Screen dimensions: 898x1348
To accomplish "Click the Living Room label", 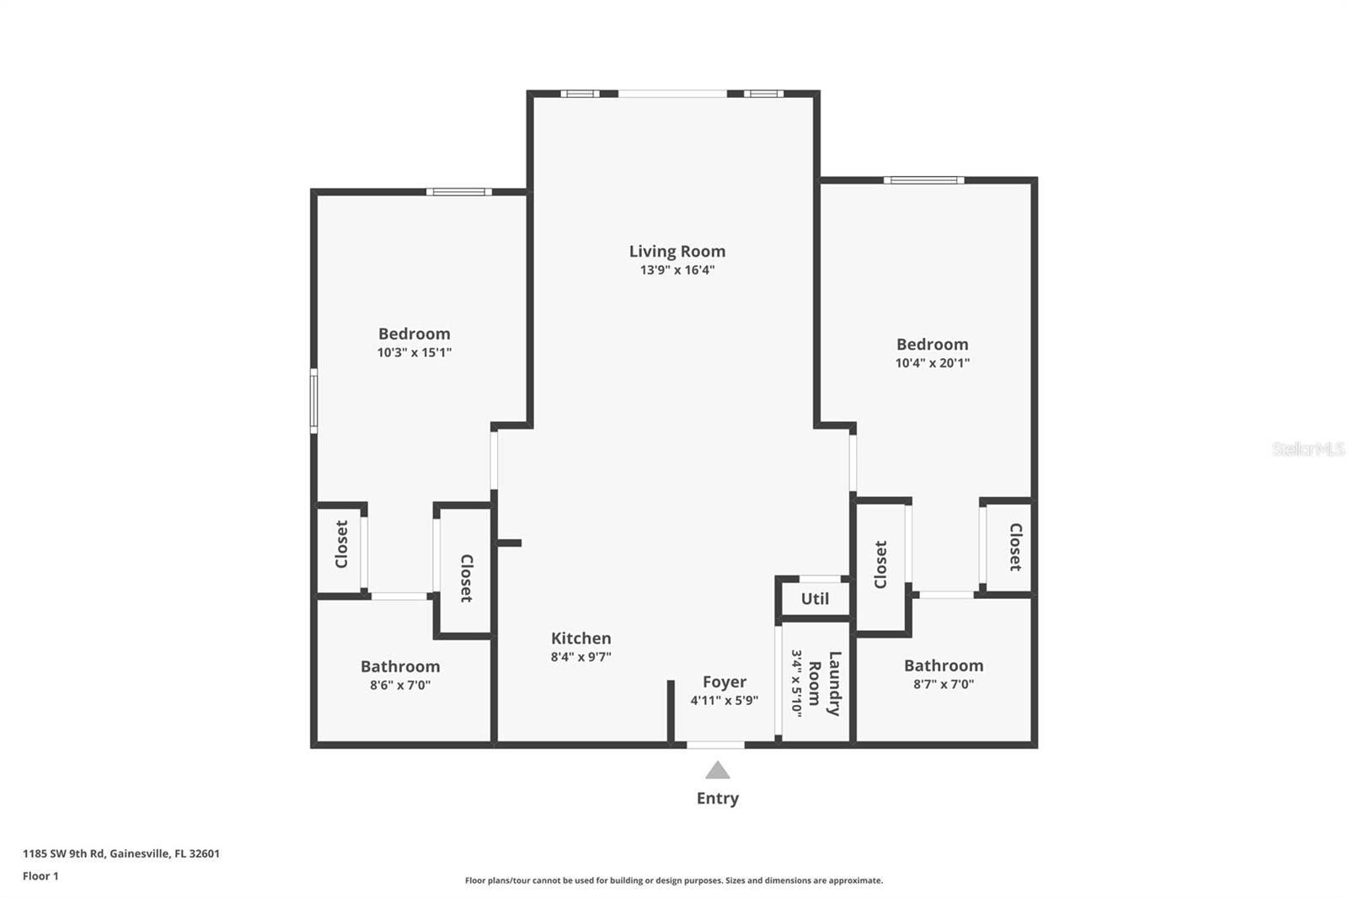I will (x=677, y=251).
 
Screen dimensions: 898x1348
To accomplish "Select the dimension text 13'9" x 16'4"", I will (x=677, y=270).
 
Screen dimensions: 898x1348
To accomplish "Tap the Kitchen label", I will (x=580, y=639).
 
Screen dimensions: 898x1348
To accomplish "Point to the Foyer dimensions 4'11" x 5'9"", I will (x=724, y=700).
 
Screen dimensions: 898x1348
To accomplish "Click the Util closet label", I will (x=815, y=599).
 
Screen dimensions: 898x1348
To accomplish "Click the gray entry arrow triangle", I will (x=717, y=770).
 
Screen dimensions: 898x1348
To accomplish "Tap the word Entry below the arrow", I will (x=717, y=798).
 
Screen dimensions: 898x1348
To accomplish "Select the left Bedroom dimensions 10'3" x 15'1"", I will (x=414, y=353).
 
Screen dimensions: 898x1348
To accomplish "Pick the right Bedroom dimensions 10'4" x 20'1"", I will (x=932, y=363).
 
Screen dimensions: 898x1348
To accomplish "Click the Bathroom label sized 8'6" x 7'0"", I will (x=400, y=666).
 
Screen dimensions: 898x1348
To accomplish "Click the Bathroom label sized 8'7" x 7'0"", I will (x=944, y=665).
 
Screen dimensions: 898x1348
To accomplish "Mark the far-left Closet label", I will (x=341, y=544).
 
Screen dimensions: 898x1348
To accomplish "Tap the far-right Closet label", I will (x=1015, y=547).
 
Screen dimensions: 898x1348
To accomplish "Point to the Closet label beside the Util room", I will (x=880, y=564).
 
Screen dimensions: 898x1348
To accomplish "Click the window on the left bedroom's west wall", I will (x=313, y=401).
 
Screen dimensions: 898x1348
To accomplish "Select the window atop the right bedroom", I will (x=923, y=179).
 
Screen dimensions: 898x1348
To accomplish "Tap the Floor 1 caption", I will (x=40, y=876).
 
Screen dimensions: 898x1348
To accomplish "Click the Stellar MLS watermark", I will (x=1308, y=449).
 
